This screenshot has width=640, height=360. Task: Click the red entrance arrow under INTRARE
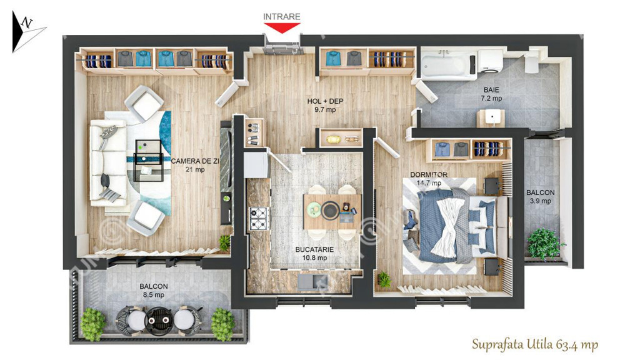click(282, 27)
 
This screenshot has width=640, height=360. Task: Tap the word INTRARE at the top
click(282, 17)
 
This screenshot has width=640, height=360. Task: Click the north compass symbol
click(27, 32)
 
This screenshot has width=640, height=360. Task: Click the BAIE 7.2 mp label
click(491, 94)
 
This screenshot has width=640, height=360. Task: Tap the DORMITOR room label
click(429, 175)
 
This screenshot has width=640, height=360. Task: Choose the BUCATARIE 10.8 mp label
click(315, 254)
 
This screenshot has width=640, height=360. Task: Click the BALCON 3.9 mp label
click(541, 196)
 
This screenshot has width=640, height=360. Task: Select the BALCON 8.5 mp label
click(154, 291)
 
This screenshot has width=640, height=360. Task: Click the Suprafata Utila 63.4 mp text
click(535, 344)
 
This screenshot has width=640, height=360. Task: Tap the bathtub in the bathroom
click(449, 64)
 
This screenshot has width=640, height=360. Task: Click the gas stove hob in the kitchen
click(259, 218)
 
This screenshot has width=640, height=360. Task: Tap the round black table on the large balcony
click(158, 321)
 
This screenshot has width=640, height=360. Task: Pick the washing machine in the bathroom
click(490, 61)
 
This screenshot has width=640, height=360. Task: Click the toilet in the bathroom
click(532, 61)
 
